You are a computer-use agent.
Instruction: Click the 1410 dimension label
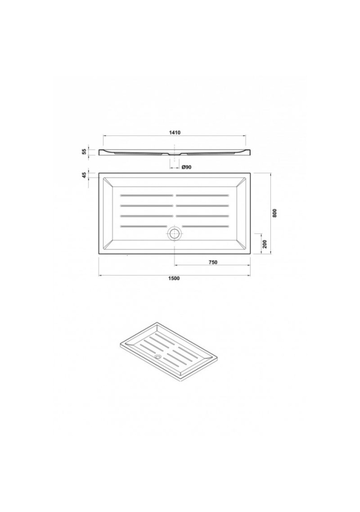click(x=175, y=133)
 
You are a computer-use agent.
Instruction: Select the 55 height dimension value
click(x=84, y=151)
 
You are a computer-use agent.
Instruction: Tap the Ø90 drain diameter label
click(x=186, y=167)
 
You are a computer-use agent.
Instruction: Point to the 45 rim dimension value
click(x=84, y=175)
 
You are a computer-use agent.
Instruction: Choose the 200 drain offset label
click(x=265, y=244)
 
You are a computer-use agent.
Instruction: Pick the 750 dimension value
click(x=213, y=262)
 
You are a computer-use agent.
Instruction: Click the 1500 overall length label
click(x=175, y=278)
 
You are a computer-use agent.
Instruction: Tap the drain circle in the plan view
click(x=174, y=234)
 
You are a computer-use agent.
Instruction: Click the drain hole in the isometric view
click(x=158, y=357)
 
